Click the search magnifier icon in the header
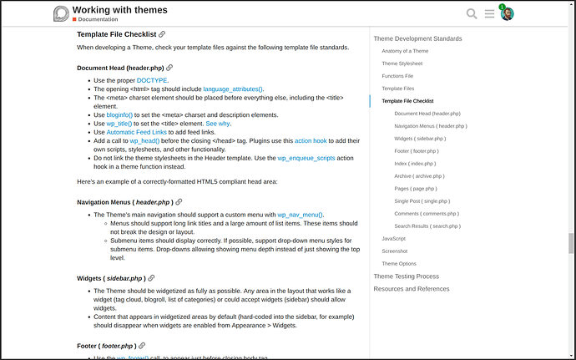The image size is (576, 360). point(472,13)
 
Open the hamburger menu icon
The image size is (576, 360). point(490,13)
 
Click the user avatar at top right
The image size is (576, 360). point(507,13)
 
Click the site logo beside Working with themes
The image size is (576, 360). point(61,13)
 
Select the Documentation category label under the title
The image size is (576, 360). point(98,19)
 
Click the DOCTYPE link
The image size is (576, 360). point(152,80)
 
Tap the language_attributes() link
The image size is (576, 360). point(233,88)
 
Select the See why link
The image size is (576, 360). point(218,124)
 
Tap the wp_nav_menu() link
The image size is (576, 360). point(301,215)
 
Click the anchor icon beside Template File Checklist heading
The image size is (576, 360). point(162,34)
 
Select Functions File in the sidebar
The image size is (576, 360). point(397,75)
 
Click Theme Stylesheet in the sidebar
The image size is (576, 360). point(402,63)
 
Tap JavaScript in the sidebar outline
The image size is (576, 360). point(393,238)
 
